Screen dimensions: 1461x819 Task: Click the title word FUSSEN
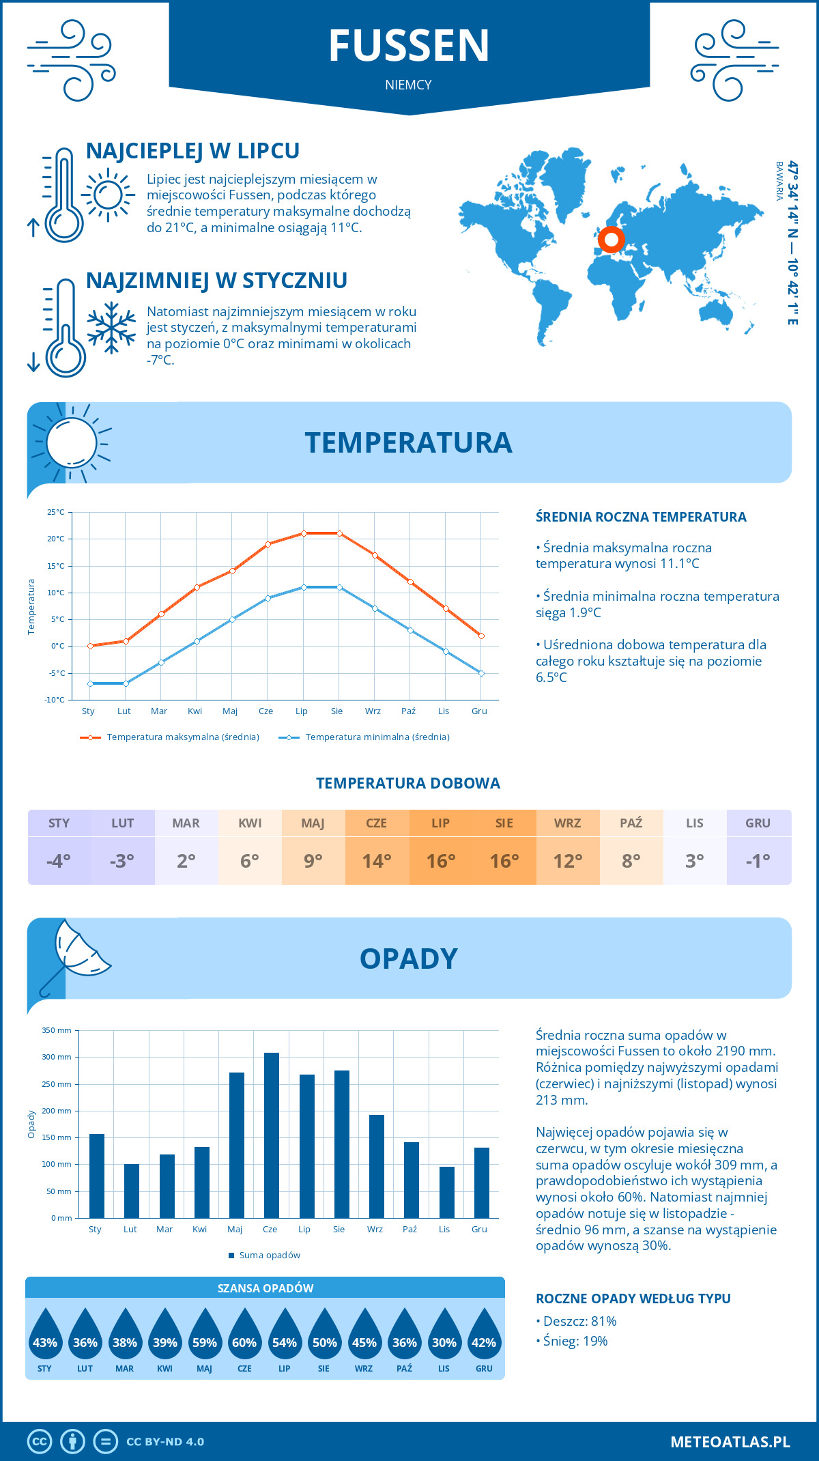(x=409, y=46)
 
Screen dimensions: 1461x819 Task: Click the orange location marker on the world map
(x=611, y=240)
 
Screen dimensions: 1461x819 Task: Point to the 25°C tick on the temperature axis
(x=56, y=512)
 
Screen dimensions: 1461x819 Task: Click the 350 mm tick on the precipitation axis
(x=57, y=1030)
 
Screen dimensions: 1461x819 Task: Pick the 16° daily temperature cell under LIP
(x=440, y=860)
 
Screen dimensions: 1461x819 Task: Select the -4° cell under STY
(x=59, y=860)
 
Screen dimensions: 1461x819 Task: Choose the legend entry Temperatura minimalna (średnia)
(x=377, y=737)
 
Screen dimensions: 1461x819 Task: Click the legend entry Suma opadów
(x=270, y=1255)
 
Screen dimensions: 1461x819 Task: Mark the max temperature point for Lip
(x=304, y=533)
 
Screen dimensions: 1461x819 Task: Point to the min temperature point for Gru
(x=481, y=673)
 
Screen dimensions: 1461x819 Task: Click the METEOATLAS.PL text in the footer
(x=730, y=1442)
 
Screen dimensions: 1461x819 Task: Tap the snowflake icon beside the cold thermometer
(x=111, y=328)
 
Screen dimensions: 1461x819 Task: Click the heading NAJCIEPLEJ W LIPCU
(x=192, y=151)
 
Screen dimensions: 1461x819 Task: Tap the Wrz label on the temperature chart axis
(x=373, y=711)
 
